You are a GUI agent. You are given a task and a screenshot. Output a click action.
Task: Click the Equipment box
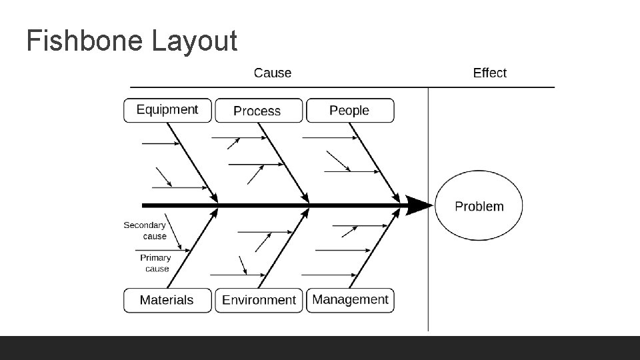(167, 110)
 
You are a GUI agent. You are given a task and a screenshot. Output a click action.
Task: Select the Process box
(258, 111)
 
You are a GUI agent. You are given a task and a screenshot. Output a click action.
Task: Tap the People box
(349, 110)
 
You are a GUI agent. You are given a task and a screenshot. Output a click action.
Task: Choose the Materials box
(167, 300)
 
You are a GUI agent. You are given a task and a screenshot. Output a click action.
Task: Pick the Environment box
(259, 300)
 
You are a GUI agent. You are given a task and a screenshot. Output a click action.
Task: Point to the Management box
(350, 299)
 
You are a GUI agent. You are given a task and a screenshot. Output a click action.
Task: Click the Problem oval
(479, 206)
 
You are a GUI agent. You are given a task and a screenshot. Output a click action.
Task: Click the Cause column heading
(273, 73)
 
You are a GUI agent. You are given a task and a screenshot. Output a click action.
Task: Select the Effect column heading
(489, 73)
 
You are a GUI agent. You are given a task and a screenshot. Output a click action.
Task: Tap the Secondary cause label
(145, 231)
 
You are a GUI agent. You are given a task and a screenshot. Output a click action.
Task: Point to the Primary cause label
(156, 263)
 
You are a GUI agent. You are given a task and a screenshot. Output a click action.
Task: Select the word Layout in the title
(194, 41)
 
